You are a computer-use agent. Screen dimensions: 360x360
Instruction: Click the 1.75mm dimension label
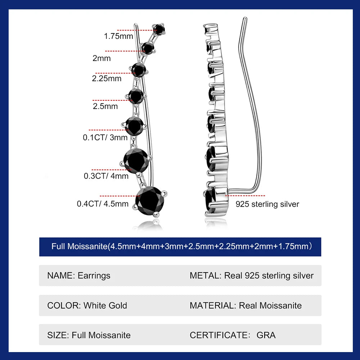point(118,36)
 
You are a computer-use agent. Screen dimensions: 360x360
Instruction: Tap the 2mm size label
point(102,58)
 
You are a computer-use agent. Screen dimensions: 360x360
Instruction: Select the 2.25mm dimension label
point(107,78)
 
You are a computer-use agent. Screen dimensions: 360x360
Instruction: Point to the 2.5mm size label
point(105,106)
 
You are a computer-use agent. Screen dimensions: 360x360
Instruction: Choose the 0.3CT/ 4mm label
point(106,176)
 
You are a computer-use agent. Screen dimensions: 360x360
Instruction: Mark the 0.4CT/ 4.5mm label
point(103,204)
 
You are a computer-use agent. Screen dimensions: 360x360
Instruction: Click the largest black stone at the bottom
point(150,199)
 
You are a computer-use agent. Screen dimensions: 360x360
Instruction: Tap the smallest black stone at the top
point(159,29)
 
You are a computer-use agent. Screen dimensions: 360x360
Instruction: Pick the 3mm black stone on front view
point(135,125)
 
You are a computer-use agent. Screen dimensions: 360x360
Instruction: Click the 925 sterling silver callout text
point(267,204)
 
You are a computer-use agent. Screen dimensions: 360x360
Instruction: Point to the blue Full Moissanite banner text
point(180,247)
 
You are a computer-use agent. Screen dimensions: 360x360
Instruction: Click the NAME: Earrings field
point(79,276)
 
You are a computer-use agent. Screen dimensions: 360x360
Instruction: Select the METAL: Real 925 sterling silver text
point(251,276)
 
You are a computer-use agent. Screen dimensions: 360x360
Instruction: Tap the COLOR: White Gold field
point(87,306)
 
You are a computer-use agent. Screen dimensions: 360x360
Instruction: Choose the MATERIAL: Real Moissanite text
point(246,306)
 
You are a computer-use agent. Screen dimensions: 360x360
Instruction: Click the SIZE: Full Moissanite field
point(89,335)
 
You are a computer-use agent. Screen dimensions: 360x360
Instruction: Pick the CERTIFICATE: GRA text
point(233,335)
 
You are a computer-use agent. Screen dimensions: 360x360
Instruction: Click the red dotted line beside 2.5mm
point(111,100)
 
